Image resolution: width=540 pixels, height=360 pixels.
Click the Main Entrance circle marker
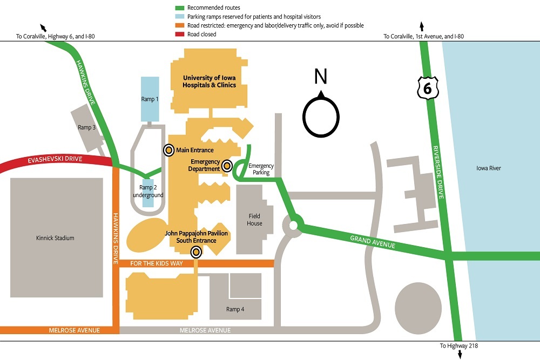coord(168,150)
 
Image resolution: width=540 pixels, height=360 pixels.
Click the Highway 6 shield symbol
coord(427,87)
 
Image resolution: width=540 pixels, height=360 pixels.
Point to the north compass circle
coord(321,116)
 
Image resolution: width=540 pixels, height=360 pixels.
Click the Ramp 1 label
coord(150,99)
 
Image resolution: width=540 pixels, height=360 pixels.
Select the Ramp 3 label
coord(86,127)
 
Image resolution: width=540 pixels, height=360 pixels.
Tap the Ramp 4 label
coord(235,309)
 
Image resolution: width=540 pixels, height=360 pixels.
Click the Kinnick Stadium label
coord(55,238)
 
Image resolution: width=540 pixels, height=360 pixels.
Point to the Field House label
coord(255,220)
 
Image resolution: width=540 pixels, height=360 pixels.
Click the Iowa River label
coord(489,168)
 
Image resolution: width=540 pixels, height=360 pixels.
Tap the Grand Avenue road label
coord(373,242)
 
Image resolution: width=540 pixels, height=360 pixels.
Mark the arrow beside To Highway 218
coord(460,354)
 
